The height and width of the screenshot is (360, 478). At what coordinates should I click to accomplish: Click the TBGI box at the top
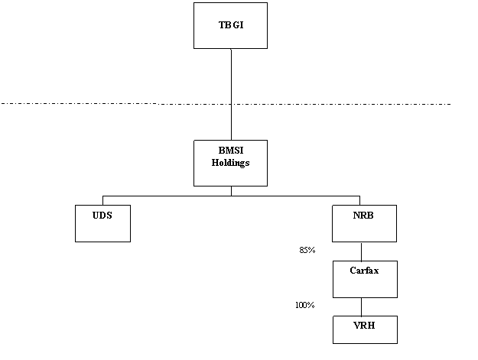(x=230, y=25)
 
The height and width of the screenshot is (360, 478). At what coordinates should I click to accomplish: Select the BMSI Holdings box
(x=230, y=163)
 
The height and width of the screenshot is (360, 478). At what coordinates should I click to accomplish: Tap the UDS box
(x=102, y=223)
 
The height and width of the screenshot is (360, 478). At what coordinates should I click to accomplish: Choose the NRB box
(x=364, y=223)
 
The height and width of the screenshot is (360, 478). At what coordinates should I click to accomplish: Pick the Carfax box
(x=365, y=279)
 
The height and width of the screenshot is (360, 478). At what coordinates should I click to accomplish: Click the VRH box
(x=365, y=329)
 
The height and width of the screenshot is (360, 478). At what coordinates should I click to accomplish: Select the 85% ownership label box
(x=306, y=251)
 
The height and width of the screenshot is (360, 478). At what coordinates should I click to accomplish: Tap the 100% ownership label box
(x=306, y=307)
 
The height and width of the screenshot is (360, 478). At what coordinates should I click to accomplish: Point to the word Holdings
(x=230, y=163)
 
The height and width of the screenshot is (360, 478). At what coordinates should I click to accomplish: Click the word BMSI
(x=230, y=151)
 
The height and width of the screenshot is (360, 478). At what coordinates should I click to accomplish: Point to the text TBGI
(x=230, y=25)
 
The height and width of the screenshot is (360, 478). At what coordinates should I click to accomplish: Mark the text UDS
(x=102, y=216)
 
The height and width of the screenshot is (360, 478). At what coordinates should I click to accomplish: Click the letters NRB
(x=364, y=216)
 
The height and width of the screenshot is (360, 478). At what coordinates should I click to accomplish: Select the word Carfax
(x=364, y=271)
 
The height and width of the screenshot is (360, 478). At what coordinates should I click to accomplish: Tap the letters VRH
(x=364, y=326)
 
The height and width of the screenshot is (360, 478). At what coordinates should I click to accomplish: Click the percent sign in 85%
(x=312, y=250)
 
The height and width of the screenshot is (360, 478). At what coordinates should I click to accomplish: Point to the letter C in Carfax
(x=353, y=271)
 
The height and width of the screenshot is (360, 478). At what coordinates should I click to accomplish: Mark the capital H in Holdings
(x=215, y=163)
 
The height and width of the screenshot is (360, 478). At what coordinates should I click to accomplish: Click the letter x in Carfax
(x=376, y=271)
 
